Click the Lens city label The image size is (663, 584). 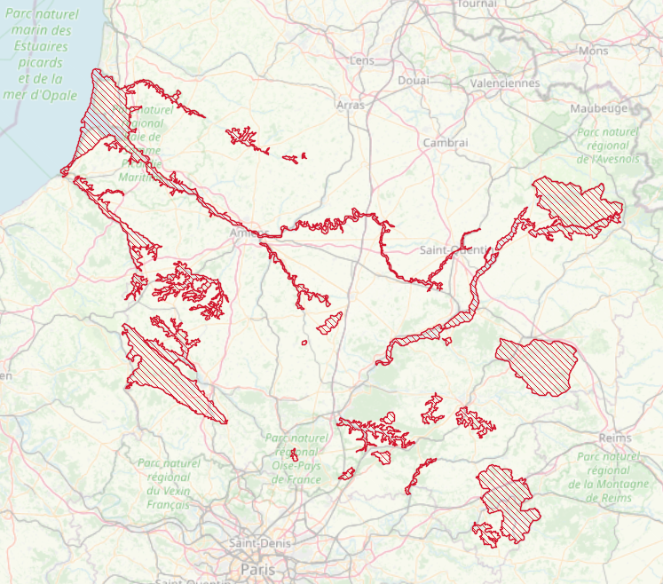click(x=362, y=60)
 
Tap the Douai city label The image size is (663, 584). click(x=414, y=81)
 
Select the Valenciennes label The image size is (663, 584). click(x=504, y=83)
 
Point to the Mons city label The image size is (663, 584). click(x=593, y=51)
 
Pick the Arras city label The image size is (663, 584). click(x=351, y=105)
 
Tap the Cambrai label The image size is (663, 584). click(x=445, y=143)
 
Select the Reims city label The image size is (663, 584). click(x=614, y=438)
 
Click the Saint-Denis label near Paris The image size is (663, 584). click(x=257, y=542)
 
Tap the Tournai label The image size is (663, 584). click(x=477, y=4)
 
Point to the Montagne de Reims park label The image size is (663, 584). click(x=608, y=477)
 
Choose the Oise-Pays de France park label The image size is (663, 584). click(x=296, y=459)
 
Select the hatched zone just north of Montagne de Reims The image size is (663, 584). click(x=538, y=365)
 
